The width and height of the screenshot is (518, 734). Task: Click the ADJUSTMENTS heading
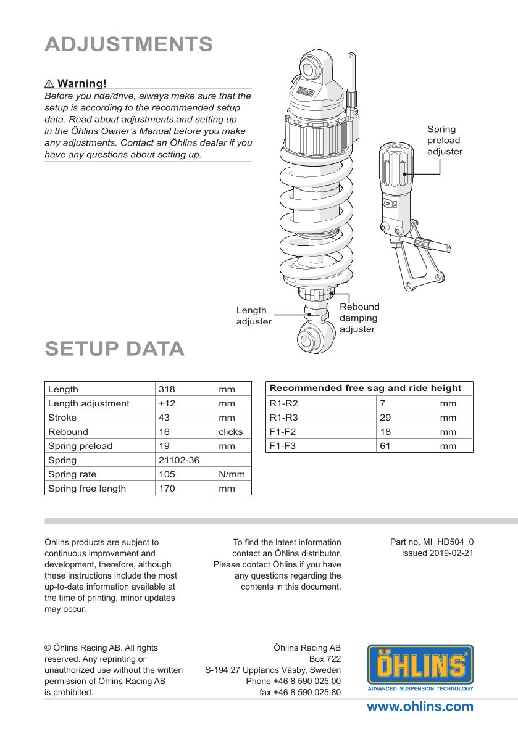pyautogui.click(x=129, y=44)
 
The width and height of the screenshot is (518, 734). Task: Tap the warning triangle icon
pyautogui.click(x=49, y=83)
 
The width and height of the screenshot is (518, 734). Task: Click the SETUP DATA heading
pyautogui.click(x=115, y=348)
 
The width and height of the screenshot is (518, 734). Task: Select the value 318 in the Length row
pyautogui.click(x=167, y=389)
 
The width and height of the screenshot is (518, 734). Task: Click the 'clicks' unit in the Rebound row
pyautogui.click(x=231, y=432)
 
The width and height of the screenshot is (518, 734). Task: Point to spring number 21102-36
pyautogui.click(x=179, y=460)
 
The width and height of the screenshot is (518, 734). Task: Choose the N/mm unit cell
pyautogui.click(x=232, y=474)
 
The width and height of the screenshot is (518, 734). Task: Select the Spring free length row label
pyautogui.click(x=87, y=489)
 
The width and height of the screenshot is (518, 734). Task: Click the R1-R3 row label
pyautogui.click(x=283, y=418)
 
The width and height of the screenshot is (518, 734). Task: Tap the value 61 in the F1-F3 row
pyautogui.click(x=385, y=446)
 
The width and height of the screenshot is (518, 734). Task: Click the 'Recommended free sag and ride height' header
pyautogui.click(x=366, y=388)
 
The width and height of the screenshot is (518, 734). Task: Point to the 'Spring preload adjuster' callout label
pyautogui.click(x=445, y=140)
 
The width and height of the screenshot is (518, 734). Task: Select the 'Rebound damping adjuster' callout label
pyautogui.click(x=359, y=318)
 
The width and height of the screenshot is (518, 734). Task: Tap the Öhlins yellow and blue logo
pyautogui.click(x=420, y=667)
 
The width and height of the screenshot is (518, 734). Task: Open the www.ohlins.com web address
pyautogui.click(x=420, y=707)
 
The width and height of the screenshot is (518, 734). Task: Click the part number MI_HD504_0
pyautogui.click(x=432, y=542)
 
